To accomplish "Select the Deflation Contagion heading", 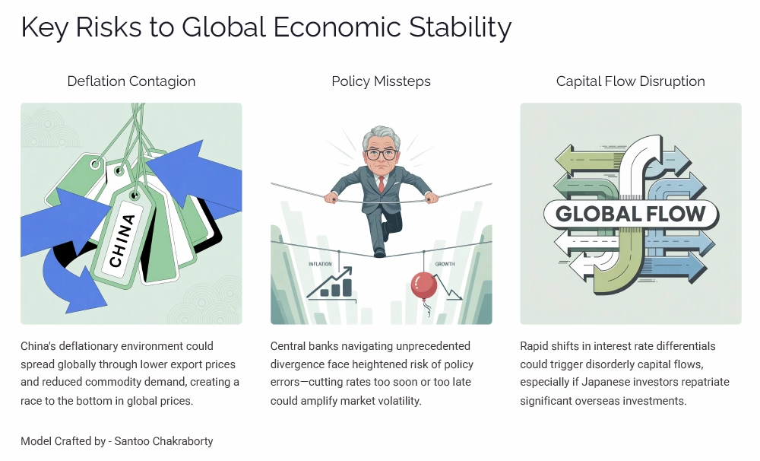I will click(x=131, y=81).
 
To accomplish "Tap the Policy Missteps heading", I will click(x=381, y=81).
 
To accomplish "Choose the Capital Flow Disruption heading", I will click(x=630, y=81).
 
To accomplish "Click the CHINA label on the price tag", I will click(x=122, y=240).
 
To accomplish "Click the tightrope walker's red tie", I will click(x=381, y=183).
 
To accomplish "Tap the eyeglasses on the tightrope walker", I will click(x=380, y=153).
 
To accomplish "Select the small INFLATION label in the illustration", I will click(x=321, y=264).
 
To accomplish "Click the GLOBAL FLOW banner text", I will click(x=631, y=214).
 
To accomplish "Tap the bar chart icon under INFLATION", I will click(x=335, y=286).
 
